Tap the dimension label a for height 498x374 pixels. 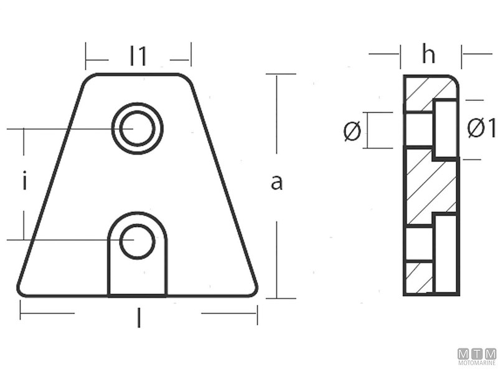coord(277,183)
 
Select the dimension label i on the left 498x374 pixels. coord(24,182)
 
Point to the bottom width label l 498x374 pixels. coord(138,320)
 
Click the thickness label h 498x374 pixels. coord(428,55)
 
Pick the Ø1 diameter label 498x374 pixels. coord(481,129)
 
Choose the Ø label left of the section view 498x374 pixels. coord(352,131)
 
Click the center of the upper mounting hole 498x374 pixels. coord(137,128)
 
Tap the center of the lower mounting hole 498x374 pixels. coord(137,241)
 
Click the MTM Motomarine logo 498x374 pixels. coord(477,356)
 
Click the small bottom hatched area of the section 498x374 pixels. coord(418,278)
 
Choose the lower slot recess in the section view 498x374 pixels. coord(446,252)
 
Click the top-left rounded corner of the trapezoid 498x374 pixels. coord(90,79)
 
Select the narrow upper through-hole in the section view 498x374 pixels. coord(418,129)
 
